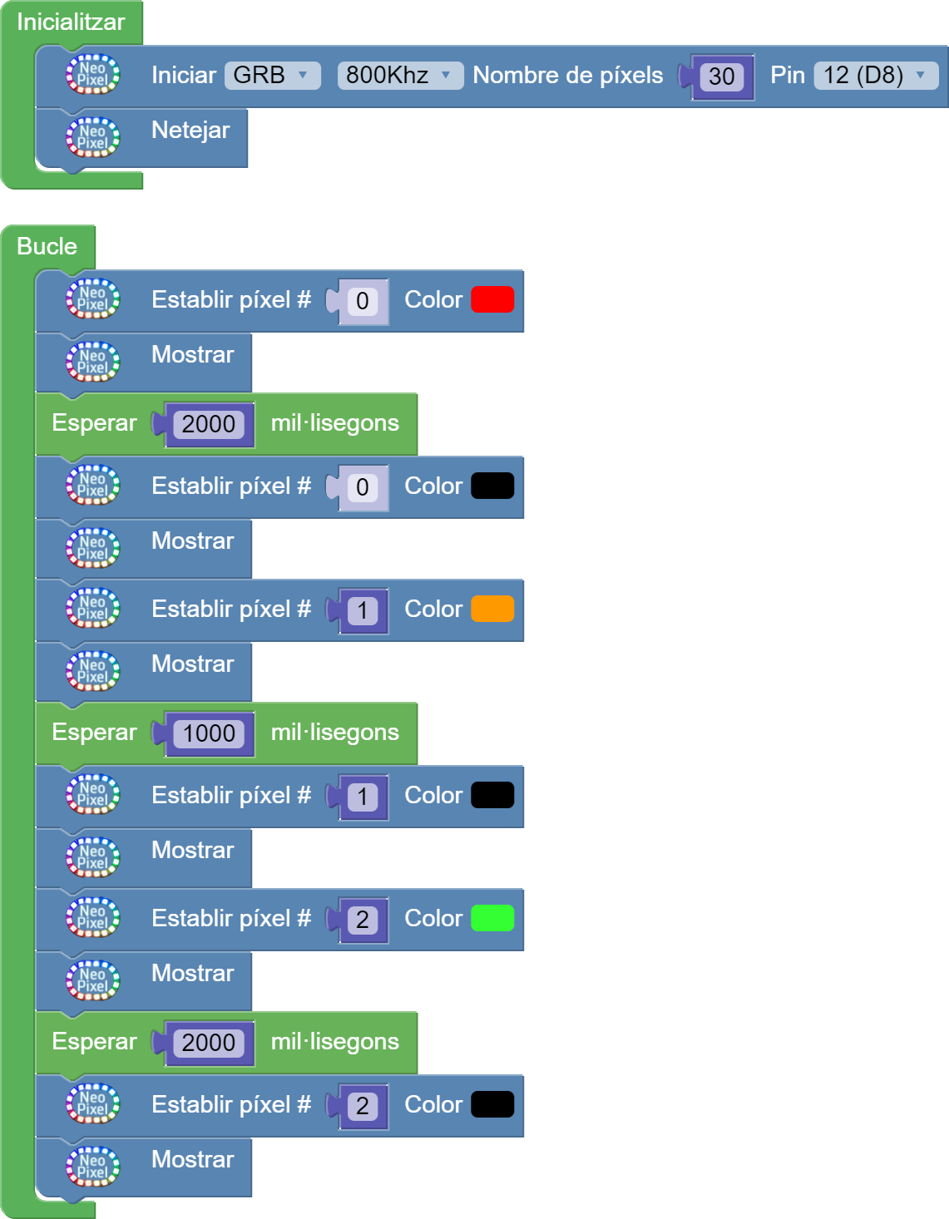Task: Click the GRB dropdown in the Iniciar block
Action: (271, 76)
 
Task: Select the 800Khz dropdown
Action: (399, 76)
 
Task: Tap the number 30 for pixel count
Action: (721, 77)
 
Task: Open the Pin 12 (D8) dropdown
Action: (875, 76)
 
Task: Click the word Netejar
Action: (190, 131)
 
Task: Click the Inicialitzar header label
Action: (71, 22)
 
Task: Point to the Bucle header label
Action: (47, 247)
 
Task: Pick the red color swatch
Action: (492, 300)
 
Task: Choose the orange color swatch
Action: (492, 609)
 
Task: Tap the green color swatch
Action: (492, 919)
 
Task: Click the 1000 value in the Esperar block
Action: (209, 733)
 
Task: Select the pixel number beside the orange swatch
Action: (363, 611)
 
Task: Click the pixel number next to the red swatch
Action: (363, 302)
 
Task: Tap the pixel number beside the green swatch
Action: (363, 920)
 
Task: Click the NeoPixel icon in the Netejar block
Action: (93, 137)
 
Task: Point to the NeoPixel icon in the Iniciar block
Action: (93, 75)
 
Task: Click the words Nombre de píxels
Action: (568, 76)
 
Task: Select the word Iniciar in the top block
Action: (184, 76)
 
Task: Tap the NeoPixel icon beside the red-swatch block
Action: (93, 299)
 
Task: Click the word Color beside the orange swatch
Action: (433, 609)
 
